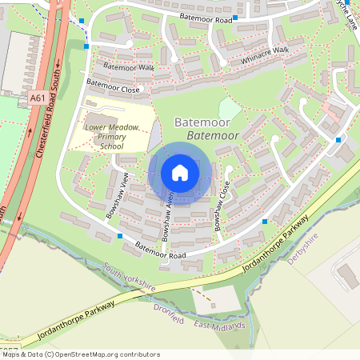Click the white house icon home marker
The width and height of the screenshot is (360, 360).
[x=180, y=173]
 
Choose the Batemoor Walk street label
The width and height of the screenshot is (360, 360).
[x=125, y=67]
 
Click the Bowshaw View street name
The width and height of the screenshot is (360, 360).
[x=117, y=195]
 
